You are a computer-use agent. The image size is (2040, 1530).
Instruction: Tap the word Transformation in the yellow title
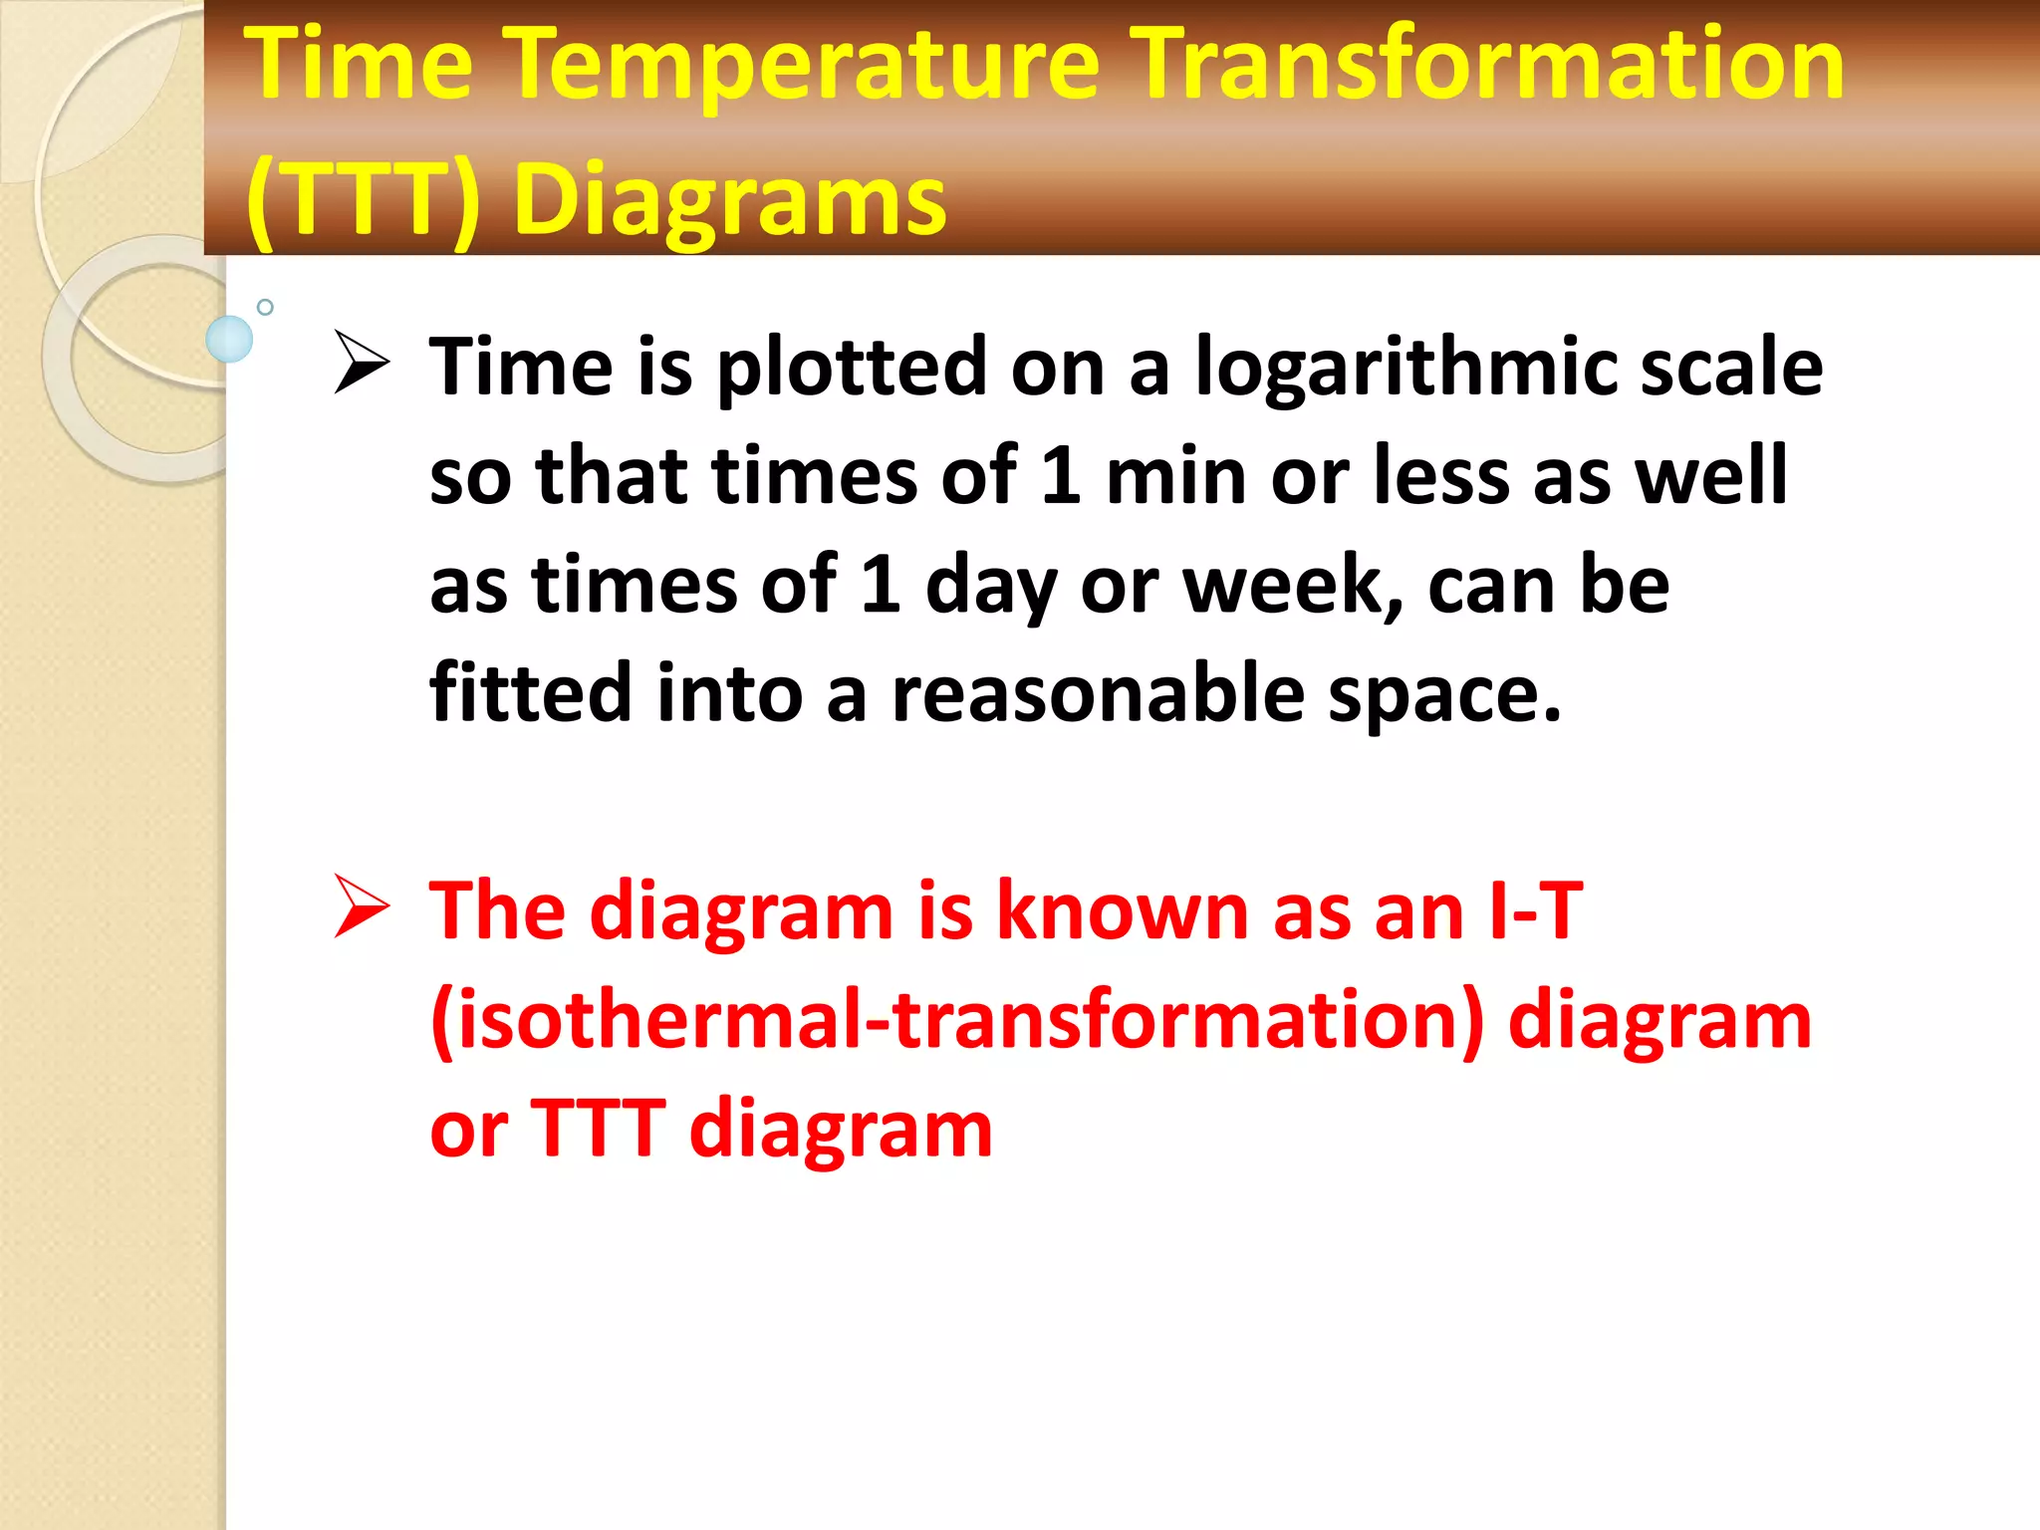tap(1490, 66)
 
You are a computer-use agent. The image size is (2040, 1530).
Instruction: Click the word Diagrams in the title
tap(729, 201)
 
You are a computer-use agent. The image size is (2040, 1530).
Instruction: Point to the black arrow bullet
tap(362, 362)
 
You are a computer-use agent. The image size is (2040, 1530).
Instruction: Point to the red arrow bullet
tap(362, 906)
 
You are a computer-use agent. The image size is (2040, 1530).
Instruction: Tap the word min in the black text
tap(1175, 476)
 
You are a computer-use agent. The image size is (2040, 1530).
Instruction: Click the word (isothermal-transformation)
tap(956, 1021)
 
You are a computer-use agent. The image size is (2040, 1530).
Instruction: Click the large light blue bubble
tap(229, 339)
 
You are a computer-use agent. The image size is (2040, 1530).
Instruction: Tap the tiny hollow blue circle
tap(265, 307)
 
